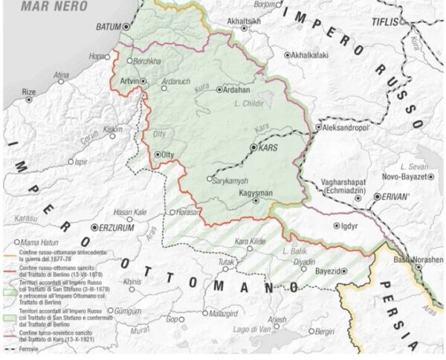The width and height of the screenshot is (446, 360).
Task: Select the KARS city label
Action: (x=269, y=148)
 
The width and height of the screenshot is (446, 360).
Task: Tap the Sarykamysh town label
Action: (x=229, y=180)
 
